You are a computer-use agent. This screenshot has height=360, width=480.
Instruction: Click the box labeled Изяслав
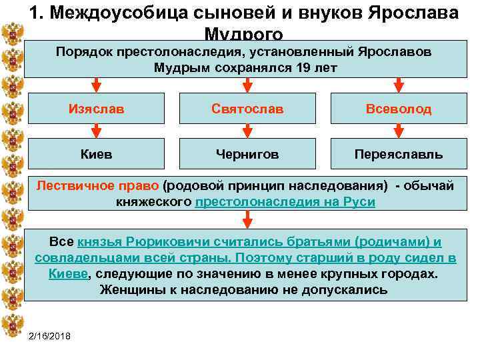(x=96, y=109)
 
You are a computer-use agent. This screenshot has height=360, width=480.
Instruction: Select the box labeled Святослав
(x=247, y=109)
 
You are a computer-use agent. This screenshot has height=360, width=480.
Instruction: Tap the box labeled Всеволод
(x=398, y=109)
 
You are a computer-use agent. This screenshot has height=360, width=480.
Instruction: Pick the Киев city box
(x=96, y=154)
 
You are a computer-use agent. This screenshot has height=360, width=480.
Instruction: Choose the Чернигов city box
(x=247, y=154)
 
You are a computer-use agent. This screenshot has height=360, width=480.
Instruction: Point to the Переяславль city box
(x=398, y=154)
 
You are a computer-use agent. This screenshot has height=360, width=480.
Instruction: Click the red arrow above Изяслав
(x=96, y=85)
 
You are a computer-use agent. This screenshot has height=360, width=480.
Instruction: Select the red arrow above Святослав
(x=247, y=85)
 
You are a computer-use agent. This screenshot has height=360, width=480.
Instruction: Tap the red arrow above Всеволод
(x=399, y=85)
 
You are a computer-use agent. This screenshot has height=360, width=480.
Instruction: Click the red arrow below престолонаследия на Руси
(x=247, y=219)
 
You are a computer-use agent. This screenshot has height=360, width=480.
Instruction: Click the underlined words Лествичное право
(x=97, y=186)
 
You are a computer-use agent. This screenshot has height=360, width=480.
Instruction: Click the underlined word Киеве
(x=68, y=273)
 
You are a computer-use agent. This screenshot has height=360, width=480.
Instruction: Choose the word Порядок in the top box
(x=85, y=51)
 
